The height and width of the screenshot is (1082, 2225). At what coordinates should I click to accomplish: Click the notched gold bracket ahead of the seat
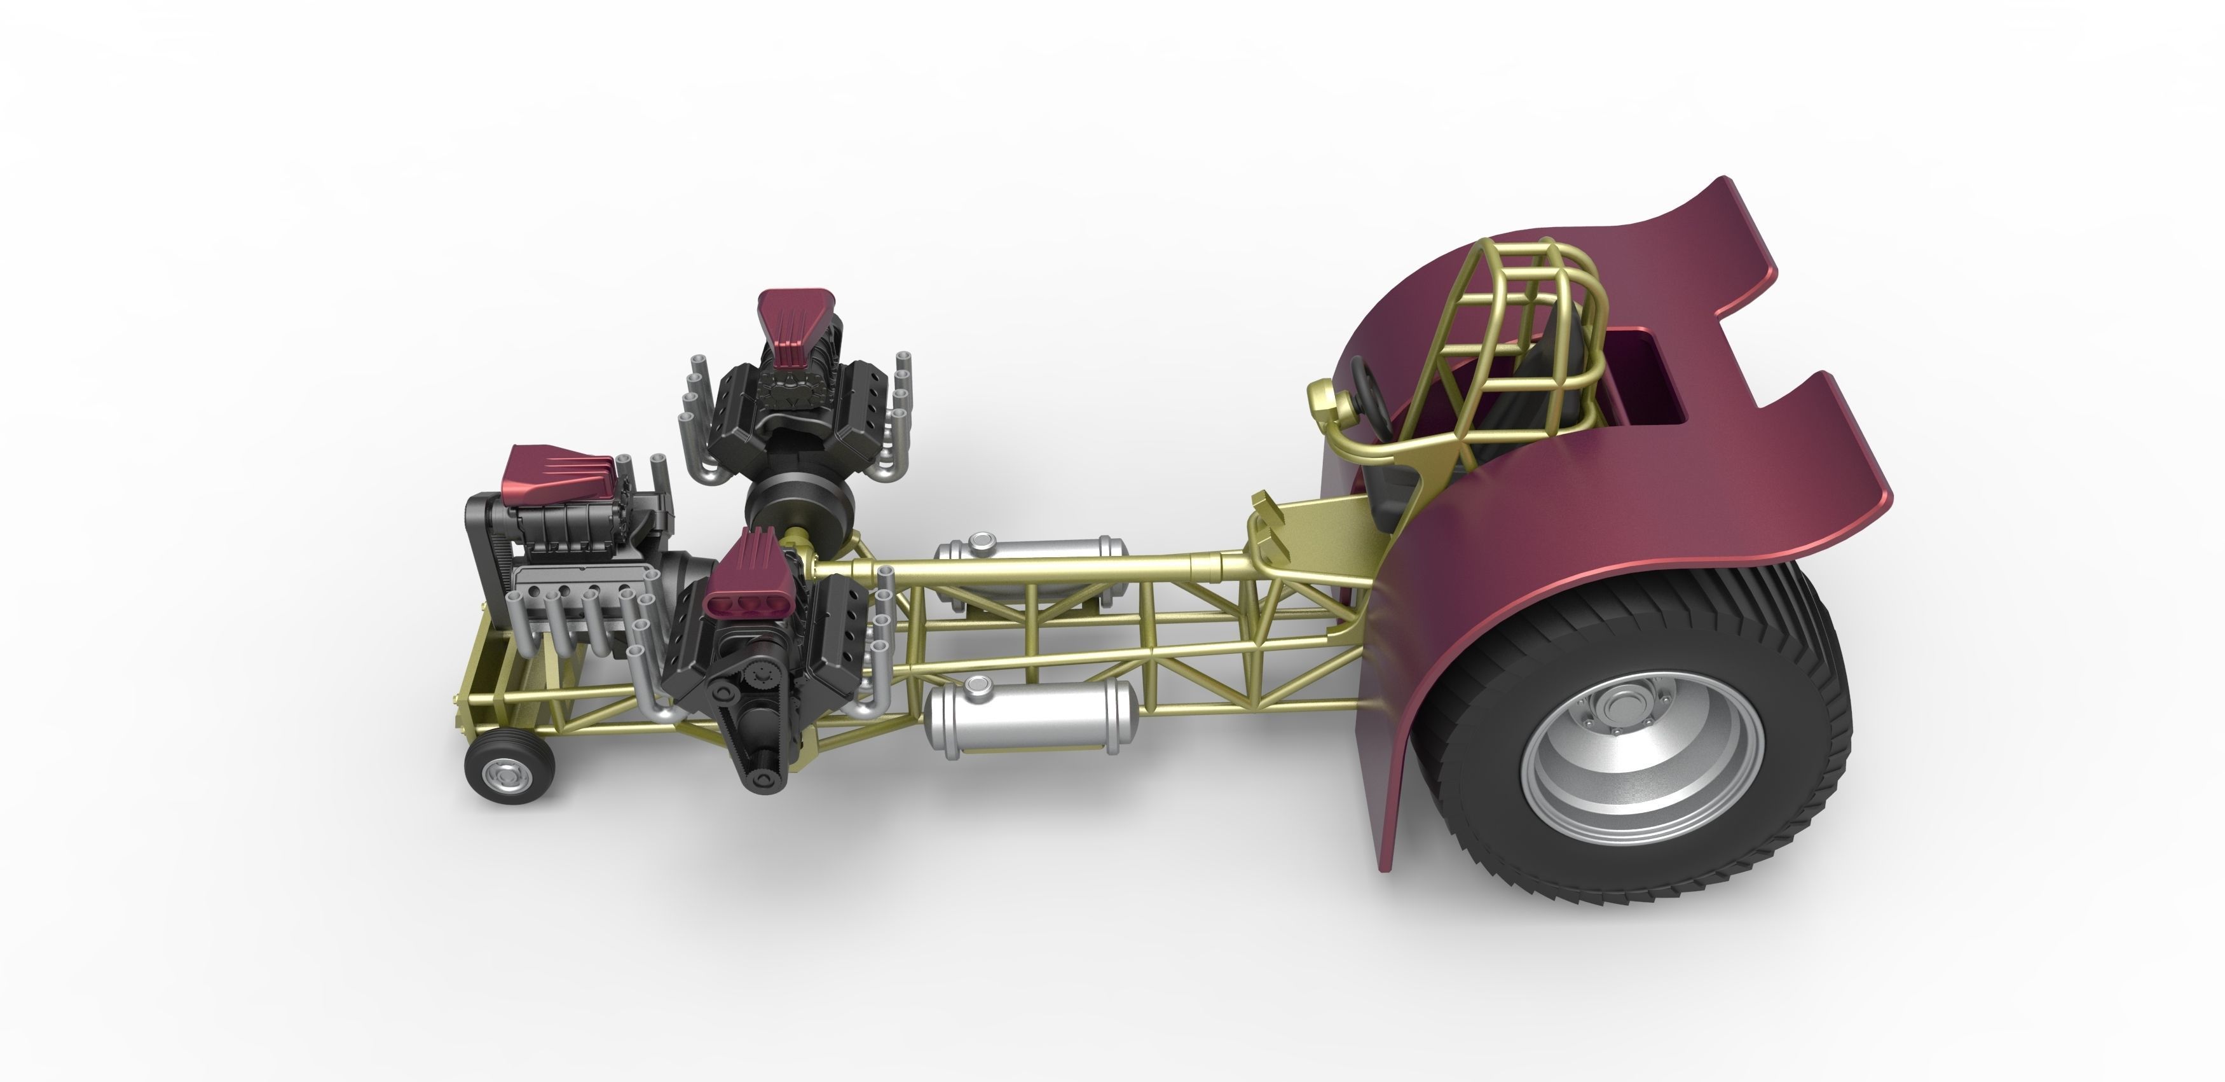(1265, 518)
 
